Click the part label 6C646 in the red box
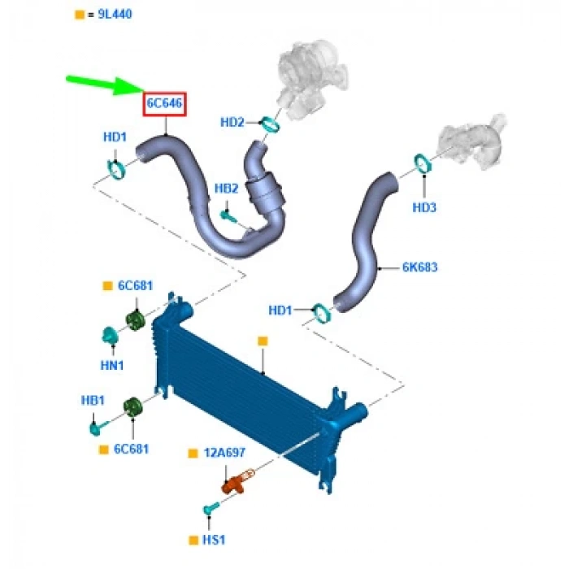point(164,104)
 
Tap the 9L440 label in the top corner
point(114,15)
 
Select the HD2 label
point(232,123)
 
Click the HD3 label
point(424,207)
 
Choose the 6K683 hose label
point(419,267)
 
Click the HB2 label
point(226,189)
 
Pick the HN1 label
point(112,366)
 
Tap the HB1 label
point(93,401)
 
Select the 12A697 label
point(224,453)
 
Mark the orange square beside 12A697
point(193,453)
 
